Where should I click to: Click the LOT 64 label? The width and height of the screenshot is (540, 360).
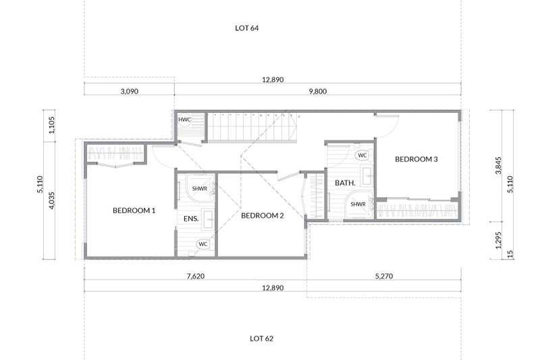point(246,28)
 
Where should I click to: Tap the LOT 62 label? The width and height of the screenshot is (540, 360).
point(261,338)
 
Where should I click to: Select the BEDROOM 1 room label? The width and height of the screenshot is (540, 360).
point(134,211)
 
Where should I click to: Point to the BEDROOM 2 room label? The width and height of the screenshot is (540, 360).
point(263,215)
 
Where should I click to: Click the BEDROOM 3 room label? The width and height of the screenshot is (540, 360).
point(416,159)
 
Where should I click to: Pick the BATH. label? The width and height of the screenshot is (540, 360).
point(345,183)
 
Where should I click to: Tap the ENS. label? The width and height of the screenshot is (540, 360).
point(191,219)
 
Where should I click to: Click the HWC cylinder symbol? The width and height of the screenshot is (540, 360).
point(184,120)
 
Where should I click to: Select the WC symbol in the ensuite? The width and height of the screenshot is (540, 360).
point(203,245)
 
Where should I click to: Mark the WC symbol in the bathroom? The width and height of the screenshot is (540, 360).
point(362,155)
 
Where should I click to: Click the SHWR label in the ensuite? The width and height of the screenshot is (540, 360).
point(200,189)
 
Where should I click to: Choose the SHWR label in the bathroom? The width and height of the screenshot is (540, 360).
point(358,204)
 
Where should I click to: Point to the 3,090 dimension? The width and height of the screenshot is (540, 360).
point(130,92)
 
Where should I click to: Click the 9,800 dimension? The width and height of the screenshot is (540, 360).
point(318,92)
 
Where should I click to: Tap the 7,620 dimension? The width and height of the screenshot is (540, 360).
point(196,276)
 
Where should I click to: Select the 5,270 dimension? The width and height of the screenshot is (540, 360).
point(384,276)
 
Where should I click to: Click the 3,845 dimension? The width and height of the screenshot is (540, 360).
point(498,165)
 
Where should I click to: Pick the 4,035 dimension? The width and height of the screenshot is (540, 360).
point(51,201)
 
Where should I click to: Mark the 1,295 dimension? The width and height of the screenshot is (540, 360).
point(498,240)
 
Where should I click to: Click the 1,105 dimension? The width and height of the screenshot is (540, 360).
point(51,125)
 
